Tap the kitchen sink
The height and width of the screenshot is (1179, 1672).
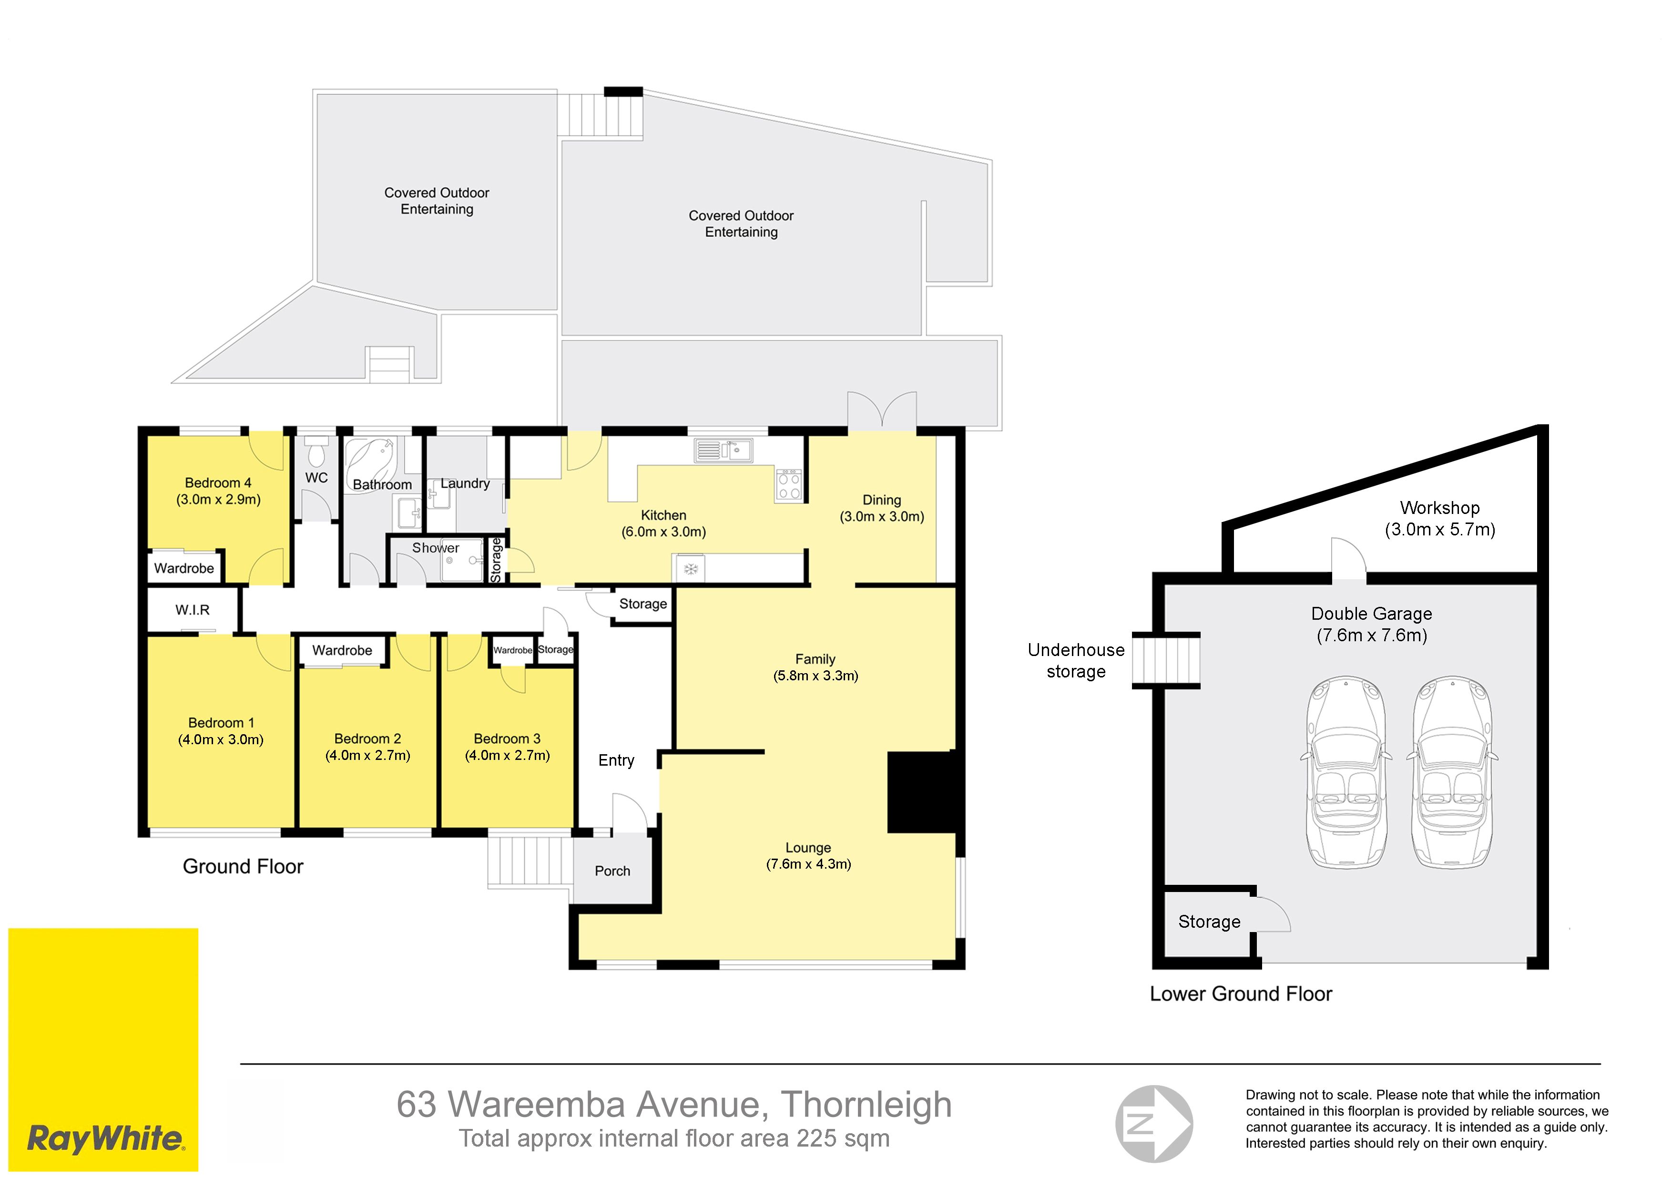[723, 450]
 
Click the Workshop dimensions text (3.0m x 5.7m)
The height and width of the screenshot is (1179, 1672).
[1440, 529]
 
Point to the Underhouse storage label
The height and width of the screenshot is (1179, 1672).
[1076, 660]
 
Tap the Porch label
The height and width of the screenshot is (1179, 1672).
[612, 871]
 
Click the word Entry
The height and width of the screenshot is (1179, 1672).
[616, 760]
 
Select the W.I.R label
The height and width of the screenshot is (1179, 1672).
[192, 610]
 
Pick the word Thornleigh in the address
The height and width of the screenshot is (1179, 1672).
[867, 1105]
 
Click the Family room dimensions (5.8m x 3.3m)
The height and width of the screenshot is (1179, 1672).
[816, 676]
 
